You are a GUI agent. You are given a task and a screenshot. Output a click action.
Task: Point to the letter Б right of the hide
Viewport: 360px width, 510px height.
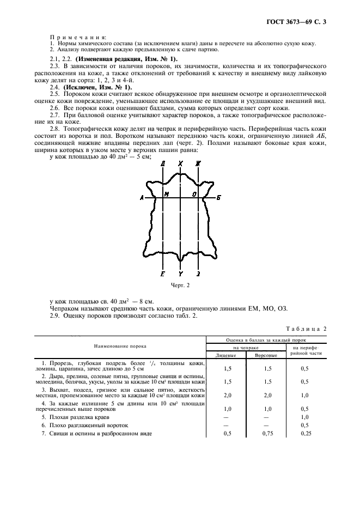point(218,198)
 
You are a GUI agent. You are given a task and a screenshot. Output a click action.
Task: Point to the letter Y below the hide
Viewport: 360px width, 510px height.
point(180,274)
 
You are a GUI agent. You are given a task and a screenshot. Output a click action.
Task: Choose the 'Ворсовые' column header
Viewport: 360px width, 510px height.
point(266,355)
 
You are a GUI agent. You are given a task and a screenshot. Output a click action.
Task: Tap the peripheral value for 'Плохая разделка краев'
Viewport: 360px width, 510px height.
point(308,416)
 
